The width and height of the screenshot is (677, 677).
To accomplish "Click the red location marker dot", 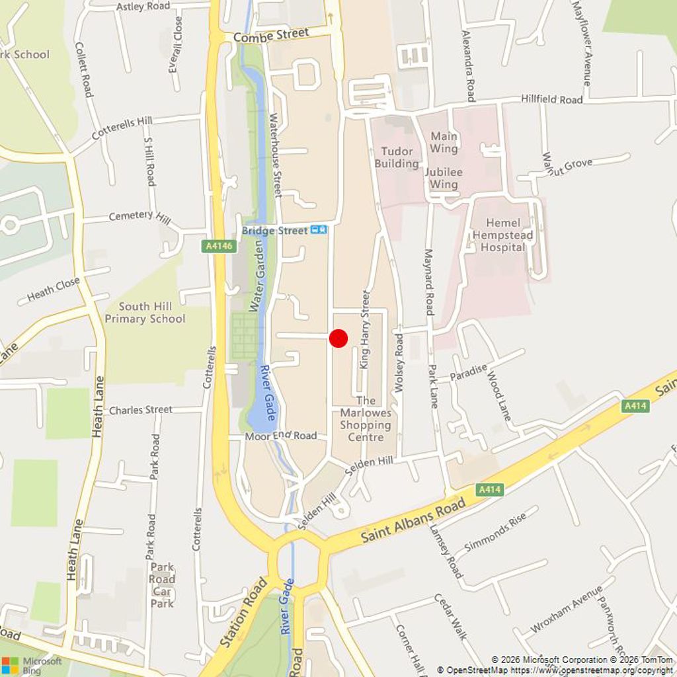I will pos(338,338).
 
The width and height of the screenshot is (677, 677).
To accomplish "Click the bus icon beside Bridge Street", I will pos(319,230).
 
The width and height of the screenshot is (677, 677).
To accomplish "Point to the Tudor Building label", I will pos(397,157).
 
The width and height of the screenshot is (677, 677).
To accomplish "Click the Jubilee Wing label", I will pos(444,178).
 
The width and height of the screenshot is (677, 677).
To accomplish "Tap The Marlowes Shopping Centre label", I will pos(366,418).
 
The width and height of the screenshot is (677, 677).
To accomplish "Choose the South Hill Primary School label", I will pos(145,312).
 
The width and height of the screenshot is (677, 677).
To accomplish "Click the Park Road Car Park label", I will pos(162,585).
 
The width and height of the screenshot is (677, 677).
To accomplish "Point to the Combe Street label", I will pos(271,35).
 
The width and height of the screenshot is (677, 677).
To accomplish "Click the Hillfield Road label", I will pos(551,99).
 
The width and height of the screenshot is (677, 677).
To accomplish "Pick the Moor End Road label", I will pos(281,436).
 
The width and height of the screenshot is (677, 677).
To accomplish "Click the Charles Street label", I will pos(140,410).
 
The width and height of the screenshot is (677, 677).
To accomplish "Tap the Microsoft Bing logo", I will pos(31,664).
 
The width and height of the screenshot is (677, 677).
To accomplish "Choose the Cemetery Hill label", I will pos(139,216).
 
